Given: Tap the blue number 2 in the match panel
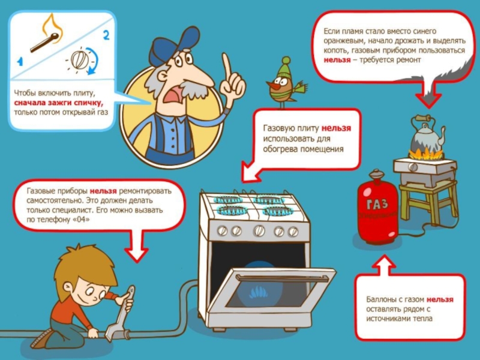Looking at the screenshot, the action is (106, 35).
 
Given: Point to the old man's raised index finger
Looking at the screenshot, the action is (227, 66).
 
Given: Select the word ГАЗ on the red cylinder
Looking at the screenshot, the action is (377, 204).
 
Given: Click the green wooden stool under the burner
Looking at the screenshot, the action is (428, 200).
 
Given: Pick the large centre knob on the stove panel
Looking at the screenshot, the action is (259, 230).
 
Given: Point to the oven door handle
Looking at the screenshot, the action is (282, 278).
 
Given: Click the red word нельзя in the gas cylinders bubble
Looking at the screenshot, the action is (440, 299).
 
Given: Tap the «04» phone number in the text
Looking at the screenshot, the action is (82, 220).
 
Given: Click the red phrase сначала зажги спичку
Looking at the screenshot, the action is (58, 102).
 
